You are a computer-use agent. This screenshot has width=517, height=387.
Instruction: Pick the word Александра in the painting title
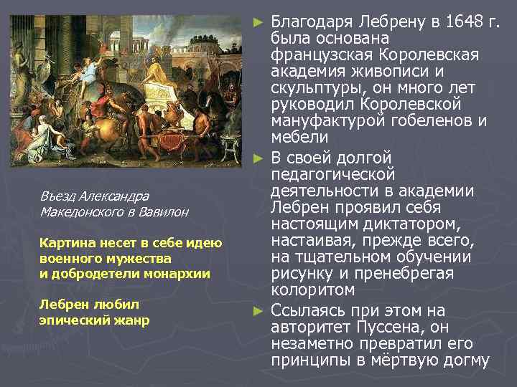[114, 196]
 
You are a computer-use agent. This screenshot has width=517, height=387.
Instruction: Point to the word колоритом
[313, 290]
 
